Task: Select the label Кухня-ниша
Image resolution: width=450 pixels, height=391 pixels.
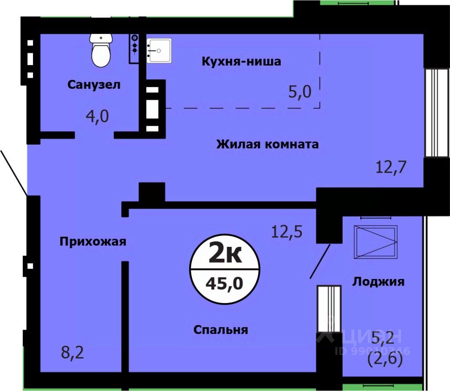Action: pyautogui.click(x=241, y=62)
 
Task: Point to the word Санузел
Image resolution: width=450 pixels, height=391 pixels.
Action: pyautogui.click(x=94, y=85)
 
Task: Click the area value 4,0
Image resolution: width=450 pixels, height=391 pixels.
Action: pyautogui.click(x=97, y=117)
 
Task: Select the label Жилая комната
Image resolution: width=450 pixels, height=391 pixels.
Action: pyautogui.click(x=267, y=144)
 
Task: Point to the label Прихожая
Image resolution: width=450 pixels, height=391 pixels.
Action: pyautogui.click(x=93, y=241)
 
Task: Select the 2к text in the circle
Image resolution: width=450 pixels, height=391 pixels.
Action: pyautogui.click(x=225, y=254)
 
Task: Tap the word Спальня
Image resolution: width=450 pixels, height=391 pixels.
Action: pyautogui.click(x=221, y=329)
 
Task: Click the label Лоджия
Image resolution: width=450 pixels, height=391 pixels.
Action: pyautogui.click(x=378, y=282)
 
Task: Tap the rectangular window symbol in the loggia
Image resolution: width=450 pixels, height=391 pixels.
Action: pyautogui.click(x=376, y=242)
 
